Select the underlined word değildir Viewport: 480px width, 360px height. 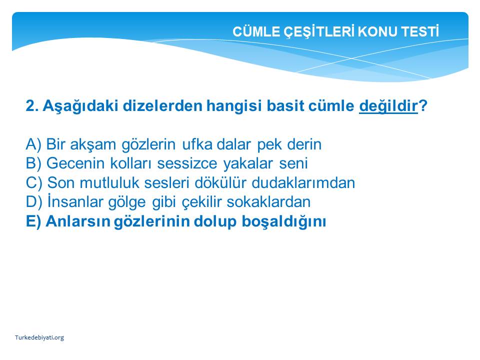(388, 106)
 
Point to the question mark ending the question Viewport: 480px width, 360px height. (422, 105)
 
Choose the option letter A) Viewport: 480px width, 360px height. (33, 144)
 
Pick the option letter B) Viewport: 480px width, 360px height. (33, 163)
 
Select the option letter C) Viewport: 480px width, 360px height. (33, 183)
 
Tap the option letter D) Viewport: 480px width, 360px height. (33, 202)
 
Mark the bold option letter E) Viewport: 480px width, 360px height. (33, 221)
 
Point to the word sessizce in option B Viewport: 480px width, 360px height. (187, 163)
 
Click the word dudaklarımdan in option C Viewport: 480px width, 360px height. (303, 183)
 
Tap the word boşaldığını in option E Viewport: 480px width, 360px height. (284, 221)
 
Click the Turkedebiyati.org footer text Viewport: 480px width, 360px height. (39, 337)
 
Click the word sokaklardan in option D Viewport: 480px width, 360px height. (268, 202)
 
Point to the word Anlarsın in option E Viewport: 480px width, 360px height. (78, 221)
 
